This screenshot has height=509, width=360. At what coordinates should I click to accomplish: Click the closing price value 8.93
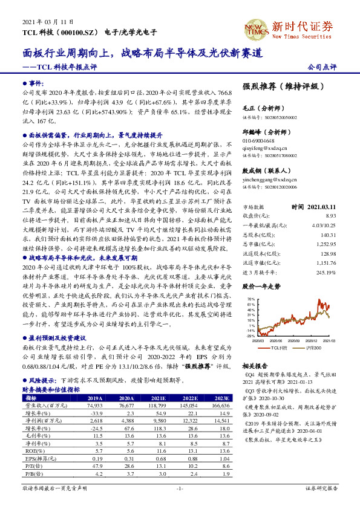tap(330, 215)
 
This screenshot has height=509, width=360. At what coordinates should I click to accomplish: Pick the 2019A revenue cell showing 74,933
tap(94, 406)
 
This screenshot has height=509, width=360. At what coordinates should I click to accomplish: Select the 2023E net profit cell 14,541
tap(223, 420)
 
